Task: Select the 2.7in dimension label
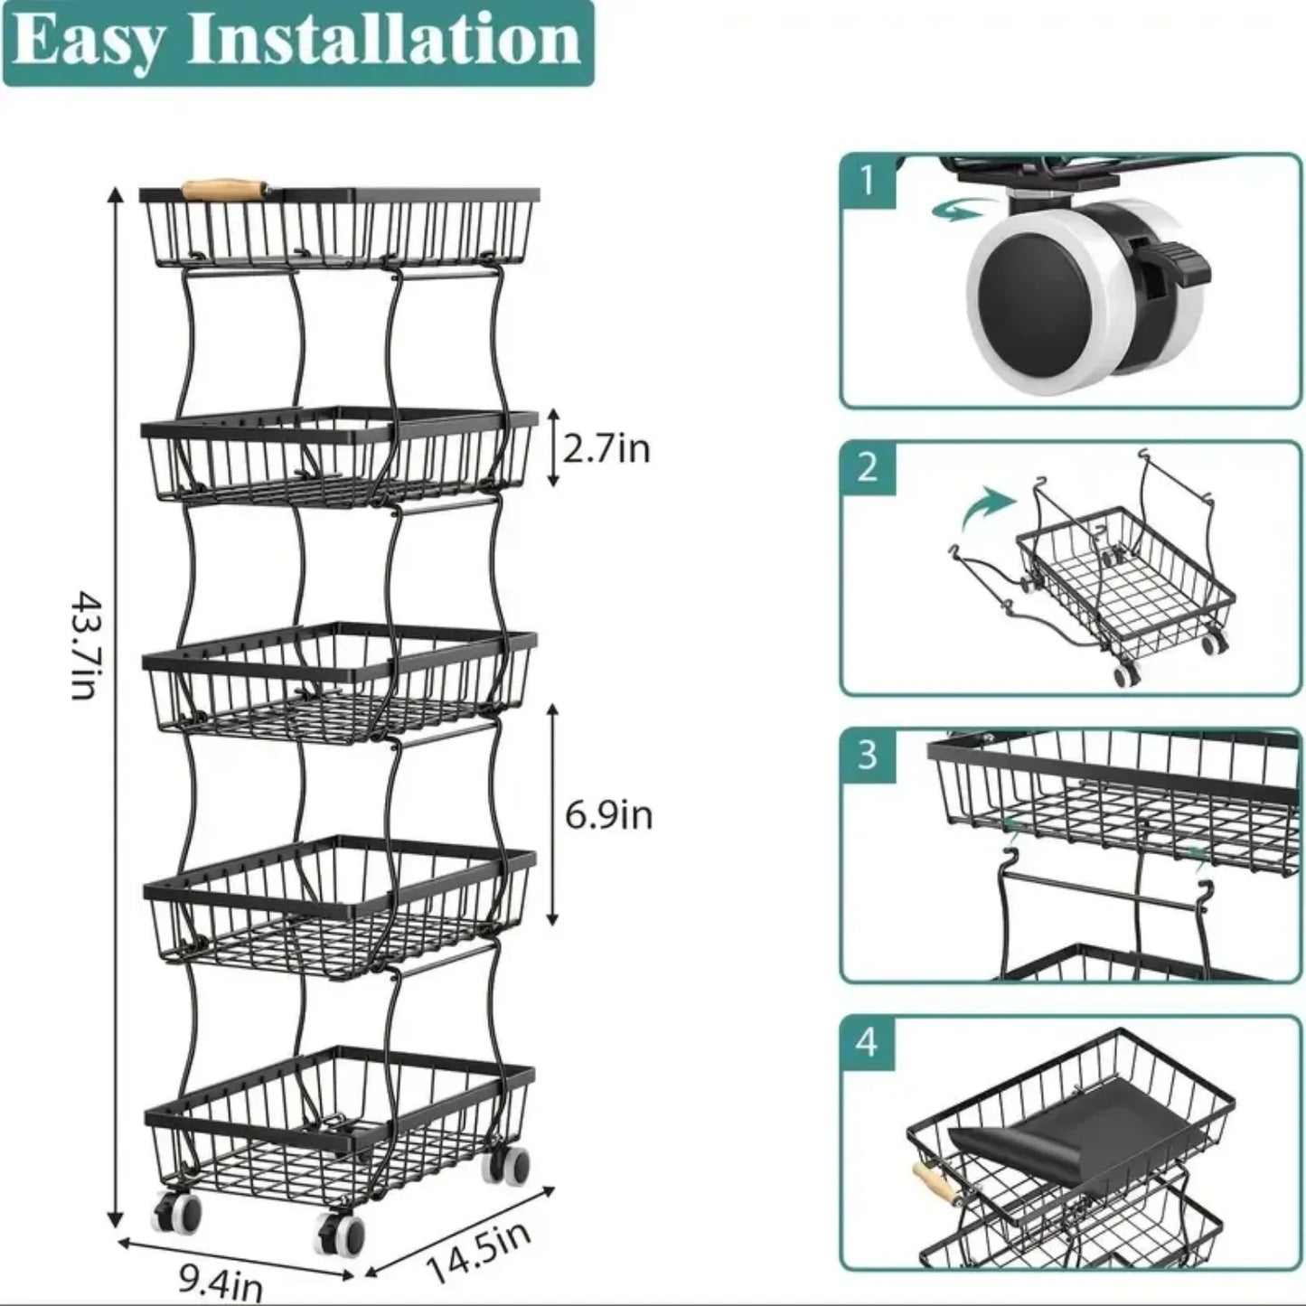tap(606, 448)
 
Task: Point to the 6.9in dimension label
tap(608, 815)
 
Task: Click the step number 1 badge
tap(868, 181)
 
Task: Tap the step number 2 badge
tap(868, 467)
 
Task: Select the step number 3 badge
tap(868, 755)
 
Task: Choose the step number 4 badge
tap(868, 1042)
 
